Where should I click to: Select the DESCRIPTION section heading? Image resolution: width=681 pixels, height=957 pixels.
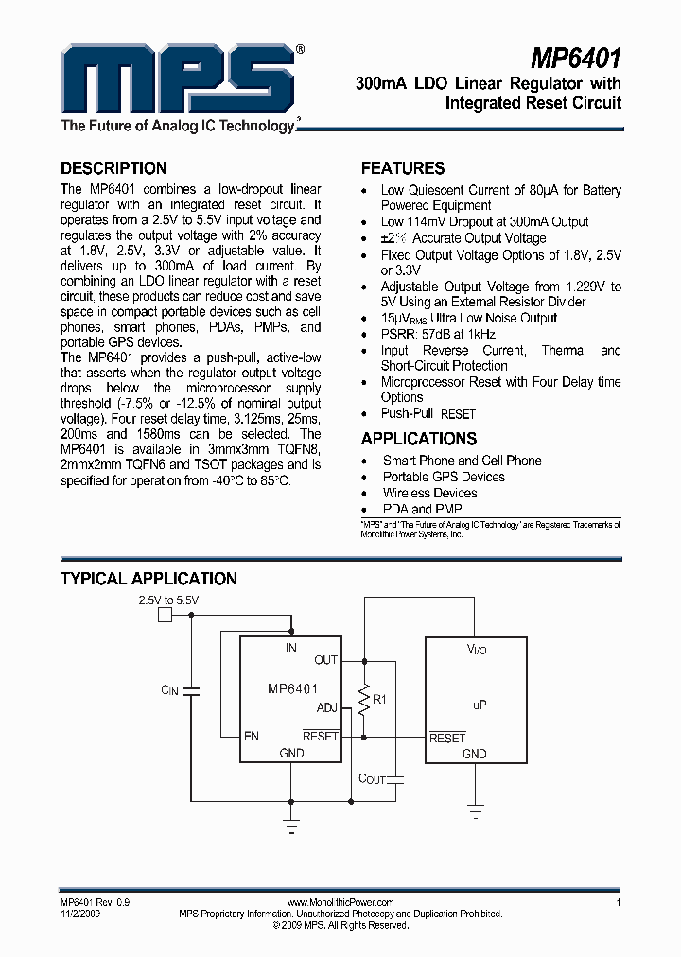[113, 168]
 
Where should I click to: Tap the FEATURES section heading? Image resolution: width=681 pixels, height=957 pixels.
[403, 168]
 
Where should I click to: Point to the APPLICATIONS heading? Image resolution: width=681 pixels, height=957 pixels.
[419, 439]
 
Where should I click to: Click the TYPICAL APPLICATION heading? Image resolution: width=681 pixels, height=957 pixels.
[148, 579]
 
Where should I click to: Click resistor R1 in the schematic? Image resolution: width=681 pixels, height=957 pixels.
[363, 699]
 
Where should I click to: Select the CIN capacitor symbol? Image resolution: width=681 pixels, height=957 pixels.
[192, 690]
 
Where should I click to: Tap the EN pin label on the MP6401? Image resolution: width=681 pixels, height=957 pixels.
[252, 735]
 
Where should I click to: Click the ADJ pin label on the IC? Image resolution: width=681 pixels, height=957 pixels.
[326, 706]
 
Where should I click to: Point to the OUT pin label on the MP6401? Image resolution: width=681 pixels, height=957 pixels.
[325, 660]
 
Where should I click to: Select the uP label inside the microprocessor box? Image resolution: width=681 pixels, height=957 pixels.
[479, 705]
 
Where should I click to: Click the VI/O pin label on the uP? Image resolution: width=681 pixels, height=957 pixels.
[477, 650]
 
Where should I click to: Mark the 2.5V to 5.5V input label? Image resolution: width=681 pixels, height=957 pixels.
[169, 600]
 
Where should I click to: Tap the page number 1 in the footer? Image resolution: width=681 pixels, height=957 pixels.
[618, 903]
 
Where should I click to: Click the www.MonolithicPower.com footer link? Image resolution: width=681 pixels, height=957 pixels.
[340, 903]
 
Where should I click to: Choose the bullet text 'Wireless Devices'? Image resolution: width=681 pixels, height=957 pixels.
[429, 493]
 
